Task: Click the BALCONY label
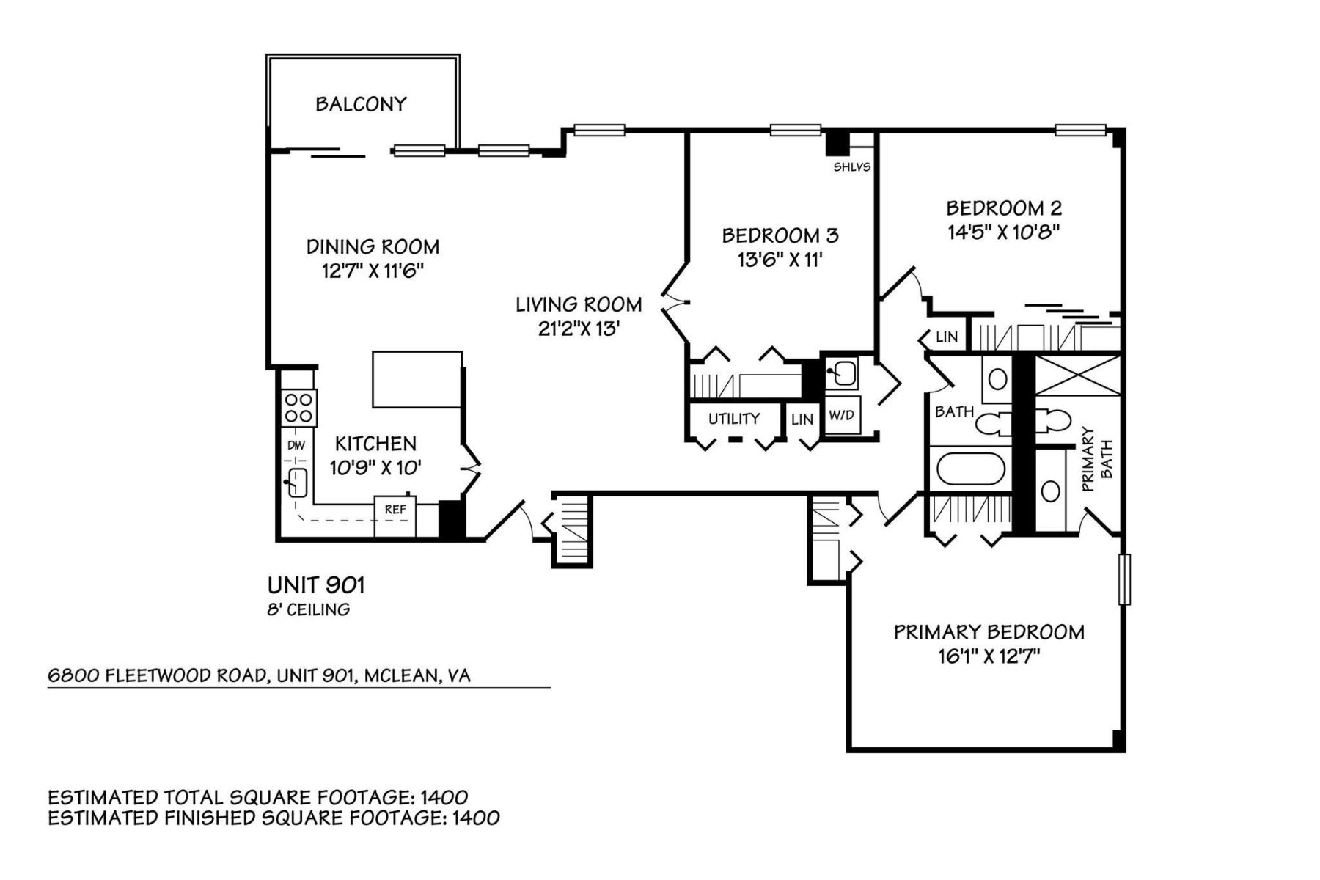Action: pos(361,104)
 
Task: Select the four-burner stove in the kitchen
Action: pos(298,408)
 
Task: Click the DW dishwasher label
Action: pos(296,445)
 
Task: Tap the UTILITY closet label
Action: pos(733,419)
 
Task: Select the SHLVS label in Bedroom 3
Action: pos(851,167)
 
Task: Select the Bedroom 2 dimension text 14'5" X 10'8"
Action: pos(1004,232)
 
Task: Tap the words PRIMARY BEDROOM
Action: pos(989,632)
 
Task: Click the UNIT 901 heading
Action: pos(316,585)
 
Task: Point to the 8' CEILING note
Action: pos(308,609)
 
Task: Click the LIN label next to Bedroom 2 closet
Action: pos(947,337)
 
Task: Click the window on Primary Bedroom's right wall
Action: pos(1124,579)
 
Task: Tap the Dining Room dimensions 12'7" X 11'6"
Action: pos(373,271)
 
